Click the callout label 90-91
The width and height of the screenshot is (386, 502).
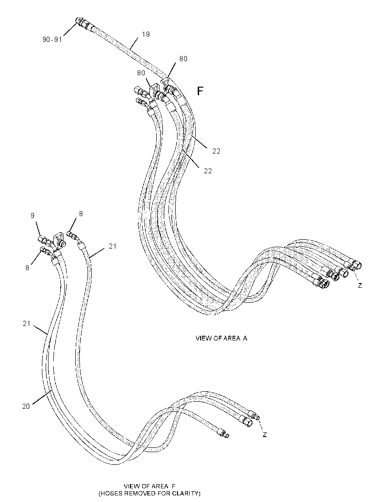click(x=52, y=40)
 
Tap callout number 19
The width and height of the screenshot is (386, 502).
click(x=145, y=34)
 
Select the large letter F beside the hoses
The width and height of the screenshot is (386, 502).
click(x=200, y=91)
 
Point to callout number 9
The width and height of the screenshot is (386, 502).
click(x=32, y=216)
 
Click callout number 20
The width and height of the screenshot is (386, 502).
click(x=26, y=406)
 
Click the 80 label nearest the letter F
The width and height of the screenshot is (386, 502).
click(x=183, y=59)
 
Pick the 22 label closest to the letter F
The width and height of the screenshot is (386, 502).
click(x=217, y=151)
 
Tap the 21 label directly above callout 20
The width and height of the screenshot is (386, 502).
click(x=26, y=324)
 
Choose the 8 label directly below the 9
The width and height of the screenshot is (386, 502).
click(x=27, y=267)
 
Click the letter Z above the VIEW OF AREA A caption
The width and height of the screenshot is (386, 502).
click(x=360, y=285)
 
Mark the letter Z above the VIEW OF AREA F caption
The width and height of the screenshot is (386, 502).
click(x=265, y=435)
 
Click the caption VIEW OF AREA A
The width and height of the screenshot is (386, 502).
click(x=221, y=338)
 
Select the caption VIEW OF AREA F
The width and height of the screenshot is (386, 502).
click(x=150, y=486)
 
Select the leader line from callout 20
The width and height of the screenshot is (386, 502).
click(x=42, y=397)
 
